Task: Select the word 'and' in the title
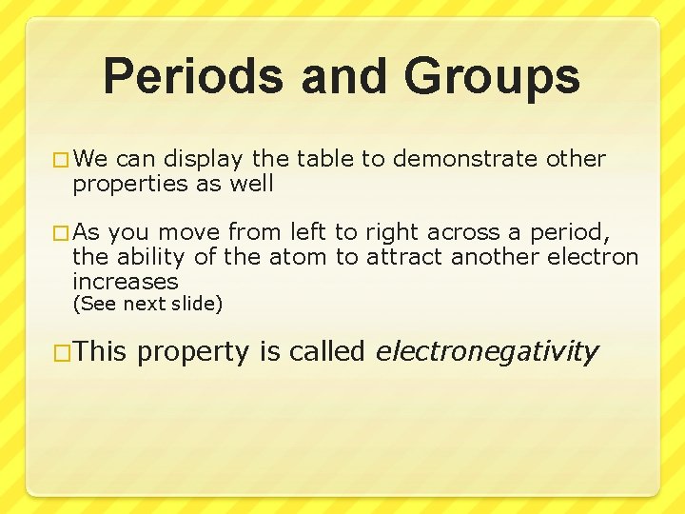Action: coord(340,77)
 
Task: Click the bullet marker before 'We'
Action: coord(62,160)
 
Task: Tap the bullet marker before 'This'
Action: coord(62,353)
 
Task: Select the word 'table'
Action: coord(324,159)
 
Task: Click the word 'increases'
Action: coord(126,282)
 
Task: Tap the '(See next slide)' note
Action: coord(147,305)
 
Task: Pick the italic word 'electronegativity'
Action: coord(487,353)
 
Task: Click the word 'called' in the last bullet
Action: coord(328,352)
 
